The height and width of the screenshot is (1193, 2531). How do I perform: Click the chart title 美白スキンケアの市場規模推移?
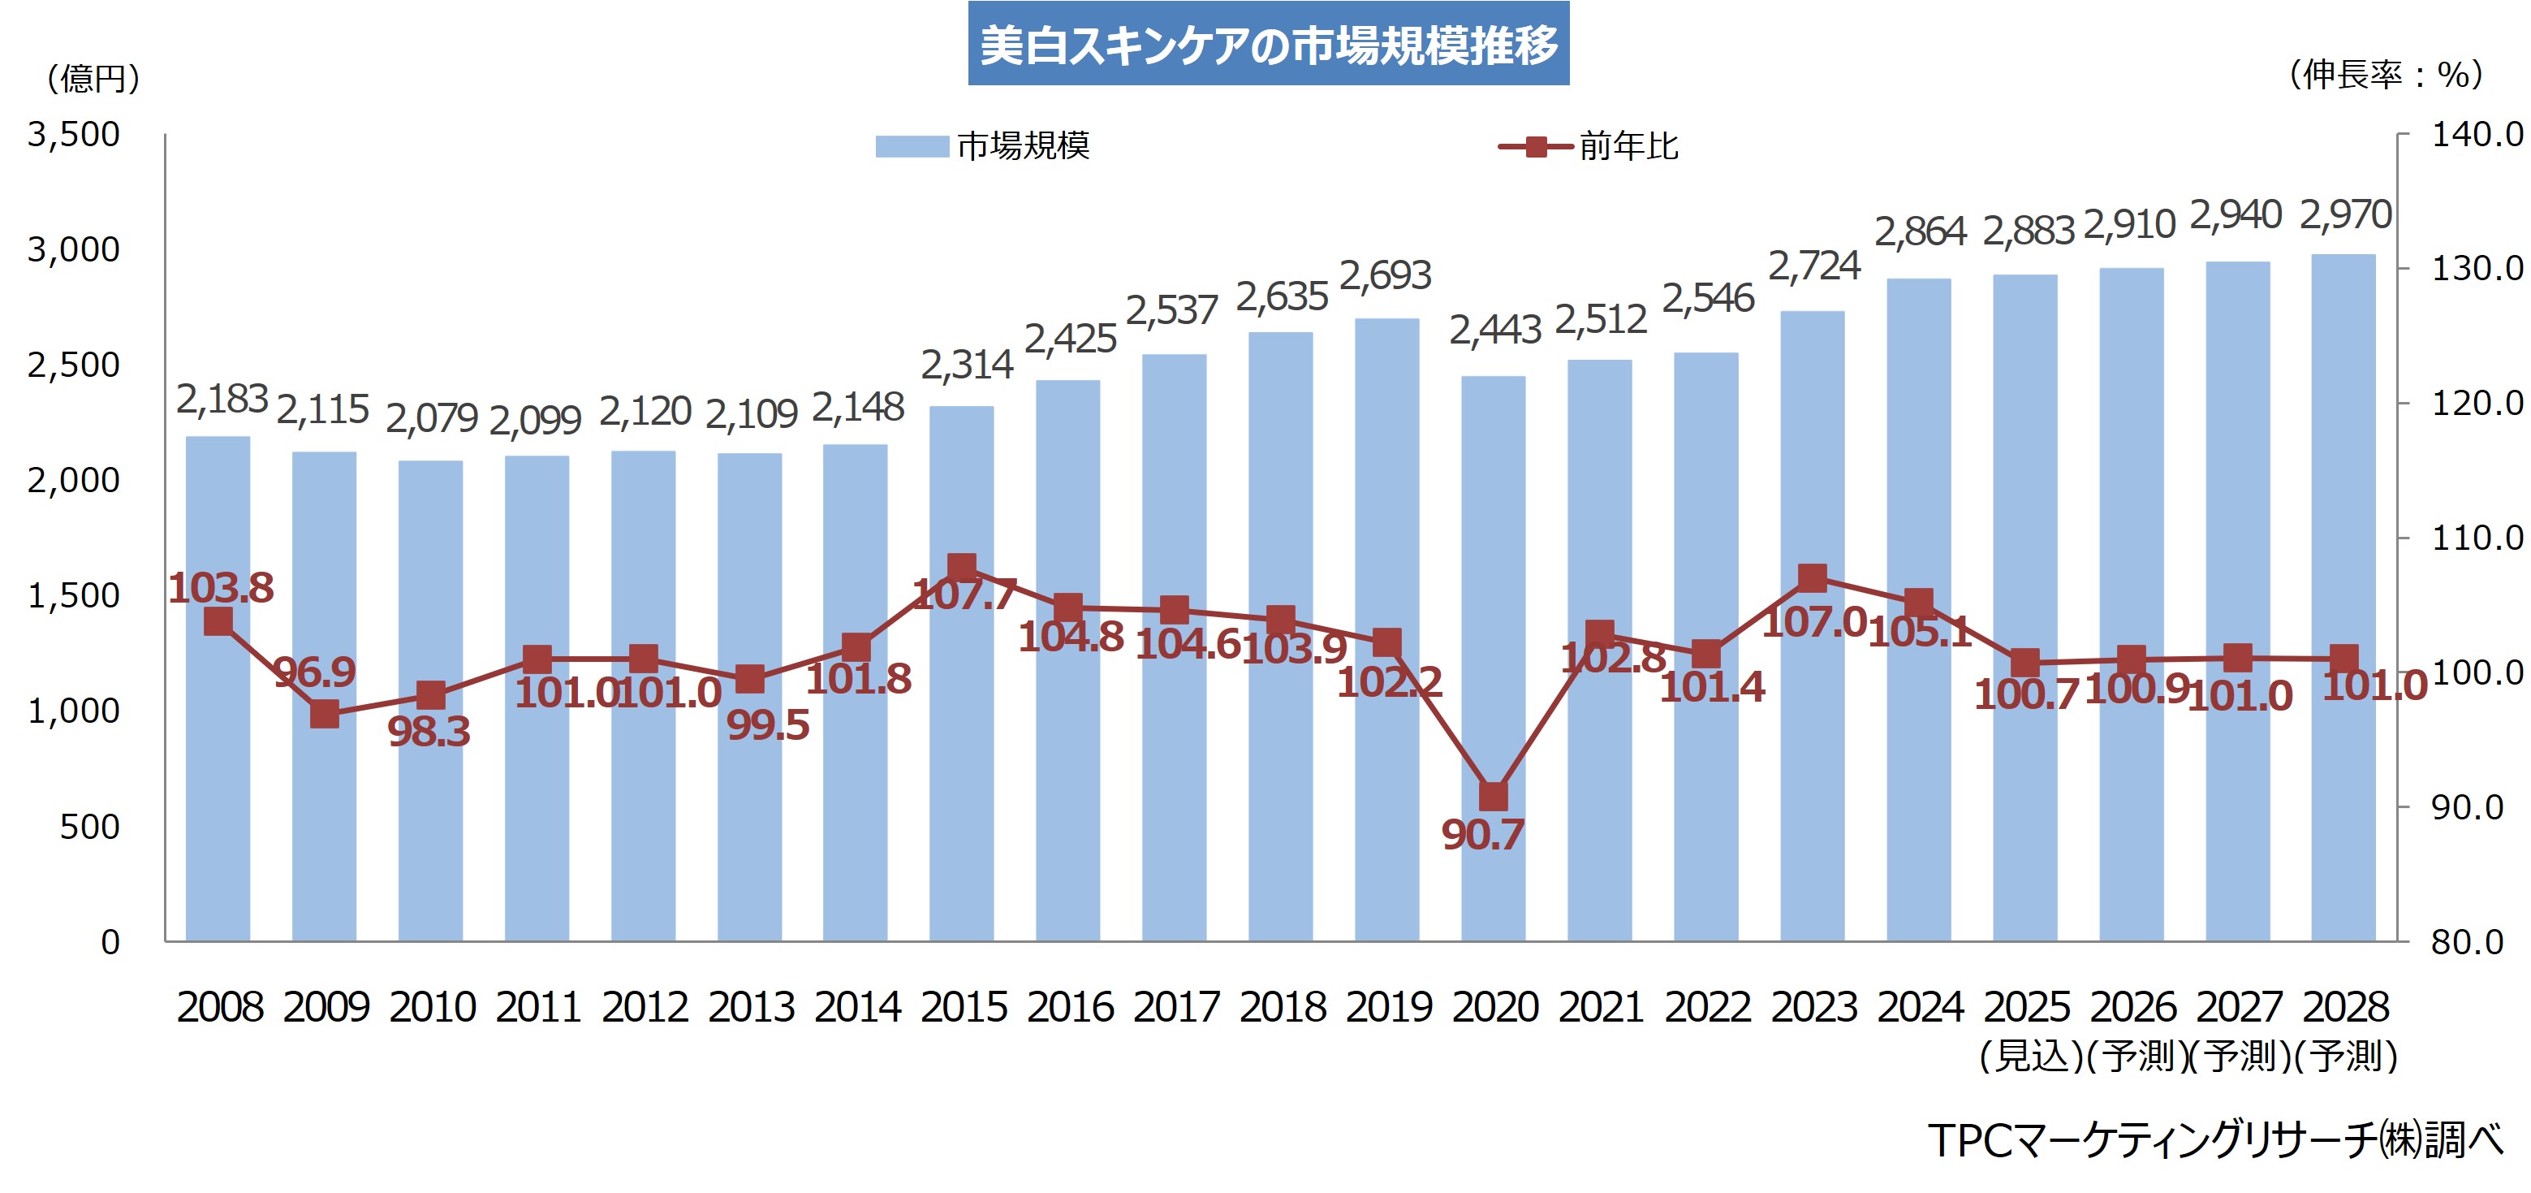[1267, 44]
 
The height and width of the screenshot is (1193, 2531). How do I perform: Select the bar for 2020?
[1493, 590]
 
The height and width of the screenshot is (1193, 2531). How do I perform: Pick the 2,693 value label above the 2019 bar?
[1386, 276]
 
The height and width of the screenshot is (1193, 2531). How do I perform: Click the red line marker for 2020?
[1494, 796]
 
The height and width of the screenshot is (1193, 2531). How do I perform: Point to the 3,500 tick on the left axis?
[74, 135]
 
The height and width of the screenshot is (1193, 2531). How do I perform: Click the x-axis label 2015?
[963, 1007]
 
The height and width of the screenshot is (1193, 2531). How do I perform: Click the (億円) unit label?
[93, 79]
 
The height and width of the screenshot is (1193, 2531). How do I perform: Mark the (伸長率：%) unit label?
[2386, 75]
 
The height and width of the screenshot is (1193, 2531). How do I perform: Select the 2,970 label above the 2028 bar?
[2344, 215]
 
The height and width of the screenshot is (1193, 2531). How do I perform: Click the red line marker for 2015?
[962, 567]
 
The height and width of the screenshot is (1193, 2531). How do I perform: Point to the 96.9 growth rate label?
[314, 672]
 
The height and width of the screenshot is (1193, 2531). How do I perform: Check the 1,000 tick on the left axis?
[74, 711]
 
